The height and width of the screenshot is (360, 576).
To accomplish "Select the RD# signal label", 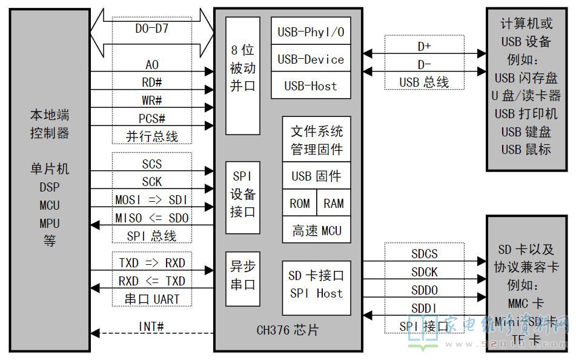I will point(152,82).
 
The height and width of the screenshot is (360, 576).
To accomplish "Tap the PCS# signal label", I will point(152,118).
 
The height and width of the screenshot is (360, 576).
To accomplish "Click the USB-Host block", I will point(310,86).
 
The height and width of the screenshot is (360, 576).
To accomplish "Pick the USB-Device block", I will point(310,59).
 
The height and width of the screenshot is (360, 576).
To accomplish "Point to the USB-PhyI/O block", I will point(310,32).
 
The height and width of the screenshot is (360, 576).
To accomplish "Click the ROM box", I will point(299,204).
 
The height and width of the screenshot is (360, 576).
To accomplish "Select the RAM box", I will point(334,204).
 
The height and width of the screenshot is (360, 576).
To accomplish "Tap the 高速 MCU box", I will point(316,230).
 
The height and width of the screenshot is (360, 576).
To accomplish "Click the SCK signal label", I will point(152,182).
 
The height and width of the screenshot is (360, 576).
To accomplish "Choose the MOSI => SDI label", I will point(152,200).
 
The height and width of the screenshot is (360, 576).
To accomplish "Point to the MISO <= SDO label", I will point(152,218).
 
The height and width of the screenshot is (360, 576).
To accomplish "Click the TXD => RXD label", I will point(152,263).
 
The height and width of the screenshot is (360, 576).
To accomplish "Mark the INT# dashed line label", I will point(151,327).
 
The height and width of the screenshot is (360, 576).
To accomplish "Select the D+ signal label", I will point(424,46).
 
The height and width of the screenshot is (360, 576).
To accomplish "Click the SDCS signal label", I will point(424,254).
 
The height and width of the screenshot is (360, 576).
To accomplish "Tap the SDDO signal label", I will point(424,290).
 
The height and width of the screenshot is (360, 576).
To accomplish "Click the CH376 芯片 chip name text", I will point(288,330).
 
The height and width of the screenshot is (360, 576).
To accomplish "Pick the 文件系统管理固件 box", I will point(316,139).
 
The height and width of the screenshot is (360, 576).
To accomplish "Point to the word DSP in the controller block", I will point(50,187).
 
